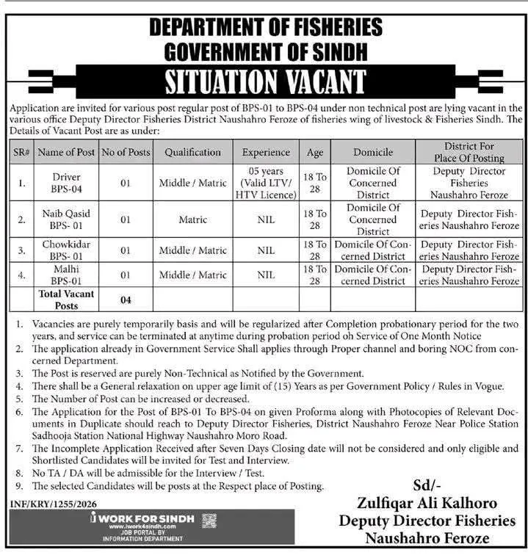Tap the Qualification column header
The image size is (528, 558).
point(192,152)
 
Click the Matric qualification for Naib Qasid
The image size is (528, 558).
point(192,219)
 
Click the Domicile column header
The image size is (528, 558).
point(372,152)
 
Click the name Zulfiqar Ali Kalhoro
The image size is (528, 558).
point(427,504)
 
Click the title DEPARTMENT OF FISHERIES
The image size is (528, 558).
point(265,28)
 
